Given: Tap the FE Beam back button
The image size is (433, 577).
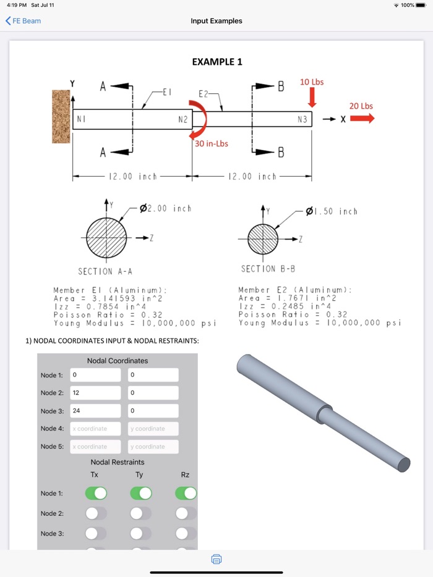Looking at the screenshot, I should [23, 21].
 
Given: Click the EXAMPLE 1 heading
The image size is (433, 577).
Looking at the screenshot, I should [217, 62].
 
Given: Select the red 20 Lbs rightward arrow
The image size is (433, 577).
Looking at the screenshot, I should [362, 119].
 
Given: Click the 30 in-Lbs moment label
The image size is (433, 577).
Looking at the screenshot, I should [212, 144].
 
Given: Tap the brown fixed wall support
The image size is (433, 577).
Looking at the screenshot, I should [62, 125].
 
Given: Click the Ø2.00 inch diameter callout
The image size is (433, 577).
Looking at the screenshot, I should [165, 209].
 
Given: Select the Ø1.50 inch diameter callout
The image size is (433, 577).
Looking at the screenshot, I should [332, 211].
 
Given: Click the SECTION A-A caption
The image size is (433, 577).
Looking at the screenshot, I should [105, 271].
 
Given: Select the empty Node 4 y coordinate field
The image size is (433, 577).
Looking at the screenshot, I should [153, 429].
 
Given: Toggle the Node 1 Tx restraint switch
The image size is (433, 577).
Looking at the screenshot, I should [96, 493].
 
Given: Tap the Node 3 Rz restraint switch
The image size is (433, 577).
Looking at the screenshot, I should [186, 533].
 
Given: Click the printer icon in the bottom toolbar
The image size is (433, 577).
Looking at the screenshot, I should [216, 560].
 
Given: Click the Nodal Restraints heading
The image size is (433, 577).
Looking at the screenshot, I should [118, 462].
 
